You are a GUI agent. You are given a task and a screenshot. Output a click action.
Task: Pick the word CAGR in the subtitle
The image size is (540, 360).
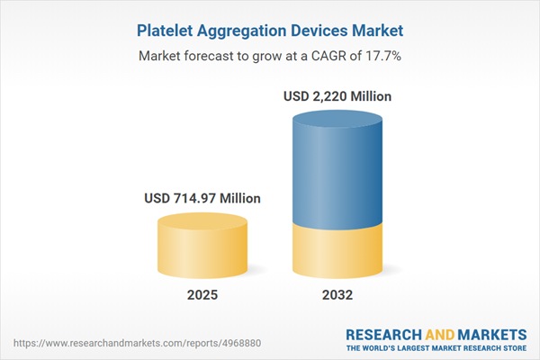[x=323, y=57]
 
